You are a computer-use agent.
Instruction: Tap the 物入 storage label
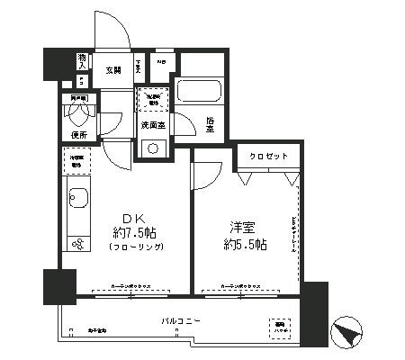81,62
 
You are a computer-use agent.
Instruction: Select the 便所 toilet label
78,135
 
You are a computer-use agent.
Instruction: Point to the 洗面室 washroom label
150,124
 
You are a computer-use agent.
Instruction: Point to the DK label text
131,217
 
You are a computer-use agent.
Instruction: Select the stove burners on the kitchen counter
77,245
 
